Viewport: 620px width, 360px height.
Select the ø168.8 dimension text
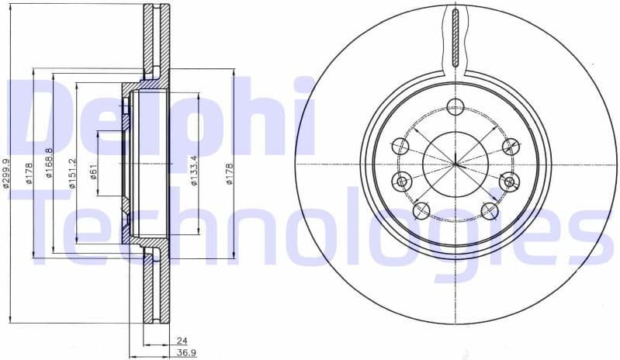point(49,164)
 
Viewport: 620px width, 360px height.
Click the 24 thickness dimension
point(182,340)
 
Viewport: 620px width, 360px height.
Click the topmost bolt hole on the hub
point(455,107)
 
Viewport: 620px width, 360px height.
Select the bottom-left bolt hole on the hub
point(421,210)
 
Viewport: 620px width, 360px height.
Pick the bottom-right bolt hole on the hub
point(489,210)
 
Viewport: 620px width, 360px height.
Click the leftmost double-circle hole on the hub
point(401,182)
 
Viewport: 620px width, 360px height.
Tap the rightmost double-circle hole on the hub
point(510,182)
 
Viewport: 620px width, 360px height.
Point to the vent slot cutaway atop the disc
point(455,39)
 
